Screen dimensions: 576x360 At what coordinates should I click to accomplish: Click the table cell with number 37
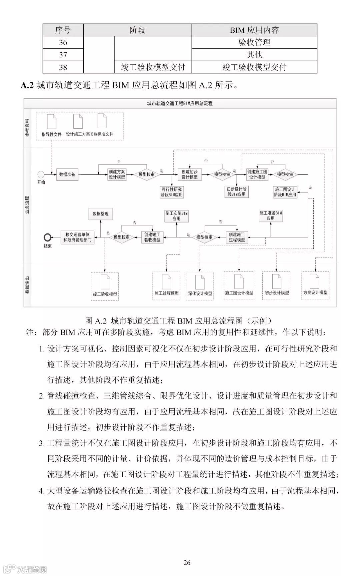63,54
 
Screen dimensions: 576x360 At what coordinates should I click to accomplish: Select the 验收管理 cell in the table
254,42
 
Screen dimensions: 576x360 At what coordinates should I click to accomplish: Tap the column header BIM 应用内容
254,30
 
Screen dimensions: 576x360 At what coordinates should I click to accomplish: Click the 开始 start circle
41,174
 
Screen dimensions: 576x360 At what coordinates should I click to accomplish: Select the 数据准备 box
67,174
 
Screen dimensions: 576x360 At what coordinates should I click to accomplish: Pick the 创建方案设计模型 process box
117,174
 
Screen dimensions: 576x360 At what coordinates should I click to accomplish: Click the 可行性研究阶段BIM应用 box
172,192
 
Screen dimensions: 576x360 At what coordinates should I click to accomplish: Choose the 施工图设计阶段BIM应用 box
285,192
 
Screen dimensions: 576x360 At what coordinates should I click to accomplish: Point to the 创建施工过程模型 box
237,237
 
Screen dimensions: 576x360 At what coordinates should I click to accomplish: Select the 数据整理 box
100,214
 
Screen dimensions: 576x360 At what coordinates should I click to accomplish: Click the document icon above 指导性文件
52,121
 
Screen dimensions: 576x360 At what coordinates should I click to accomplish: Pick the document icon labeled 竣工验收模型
105,282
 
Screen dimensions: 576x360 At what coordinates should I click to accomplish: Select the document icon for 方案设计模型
315,281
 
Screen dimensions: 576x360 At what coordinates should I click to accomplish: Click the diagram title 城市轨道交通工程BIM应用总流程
180,103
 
